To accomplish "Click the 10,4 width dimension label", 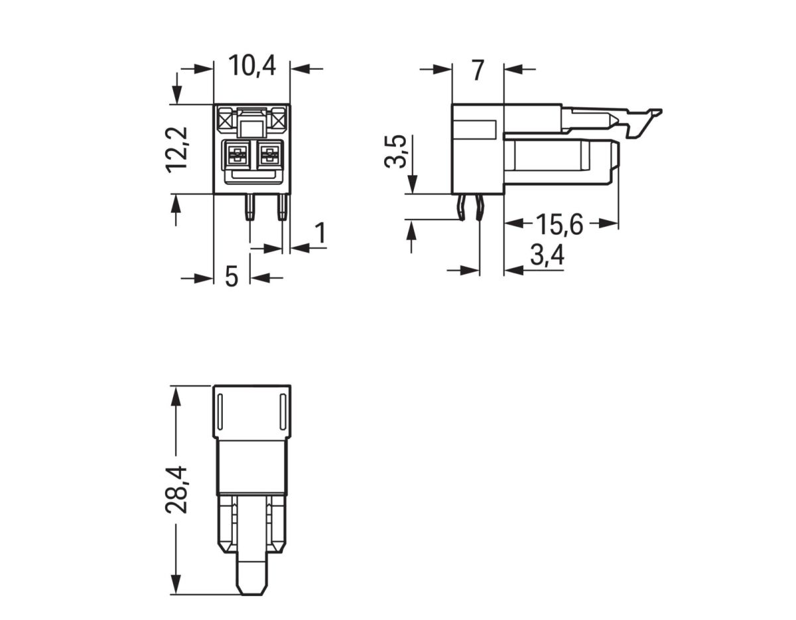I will pyautogui.click(x=252, y=66).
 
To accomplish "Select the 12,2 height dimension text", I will pyautogui.click(x=178, y=149).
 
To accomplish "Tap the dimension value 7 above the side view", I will pyautogui.click(x=478, y=70).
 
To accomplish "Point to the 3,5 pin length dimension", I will pyautogui.click(x=396, y=152).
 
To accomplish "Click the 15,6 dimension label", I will pyautogui.click(x=559, y=225).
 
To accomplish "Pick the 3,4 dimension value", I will pyautogui.click(x=547, y=255).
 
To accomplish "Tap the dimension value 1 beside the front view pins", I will pyautogui.click(x=320, y=233).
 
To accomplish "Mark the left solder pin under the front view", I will pyautogui.click(x=249, y=207).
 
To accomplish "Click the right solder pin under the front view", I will pyautogui.click(x=282, y=207).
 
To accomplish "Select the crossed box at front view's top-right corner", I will pyautogui.click(x=278, y=120).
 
